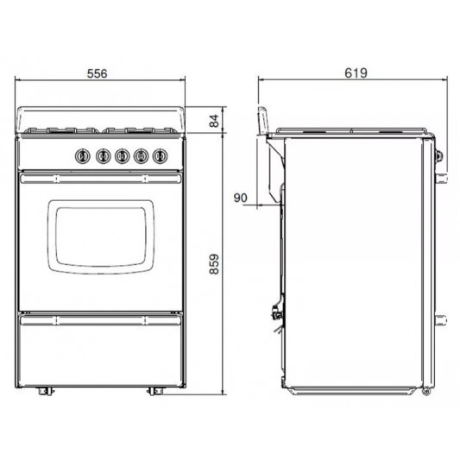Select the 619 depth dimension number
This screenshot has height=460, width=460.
[x=356, y=74]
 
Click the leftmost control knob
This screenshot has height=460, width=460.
[x=83, y=156]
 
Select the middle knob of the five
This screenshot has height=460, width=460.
[x=121, y=156]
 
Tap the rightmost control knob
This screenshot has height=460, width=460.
[x=159, y=156]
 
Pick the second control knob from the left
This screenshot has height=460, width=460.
[x=102, y=156]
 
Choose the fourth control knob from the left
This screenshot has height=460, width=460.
[x=140, y=156]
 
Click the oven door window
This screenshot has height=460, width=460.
[x=102, y=236]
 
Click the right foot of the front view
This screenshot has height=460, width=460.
[x=155, y=391]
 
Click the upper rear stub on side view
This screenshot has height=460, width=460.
[x=443, y=179]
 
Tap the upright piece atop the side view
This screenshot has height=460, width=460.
[x=262, y=117]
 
